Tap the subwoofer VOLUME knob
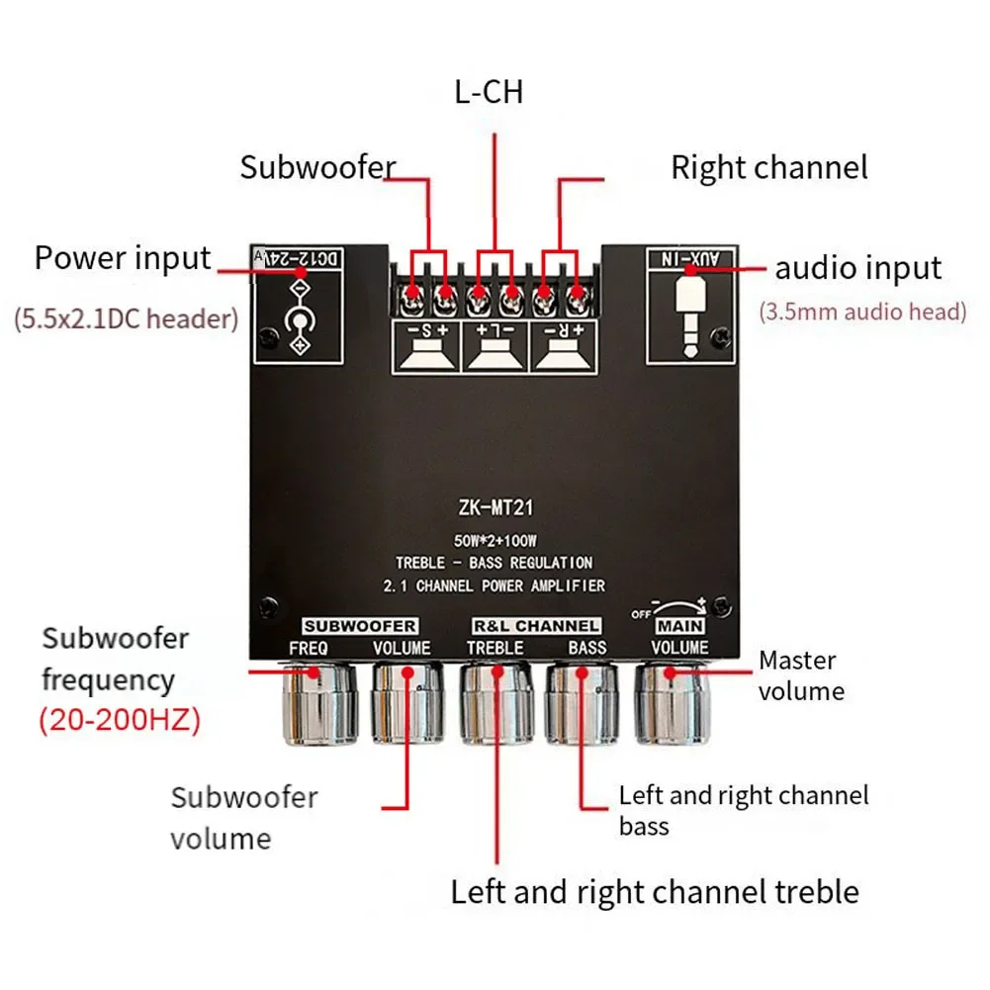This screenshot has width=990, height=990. point(406,703)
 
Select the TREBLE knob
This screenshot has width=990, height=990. point(495,703)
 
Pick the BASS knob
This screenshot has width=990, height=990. point(584,703)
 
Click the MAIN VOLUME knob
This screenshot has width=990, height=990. point(671,703)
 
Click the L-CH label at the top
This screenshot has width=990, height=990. point(489,93)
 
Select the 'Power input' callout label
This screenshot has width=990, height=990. point(123,259)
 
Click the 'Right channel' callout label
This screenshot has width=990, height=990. point(768,167)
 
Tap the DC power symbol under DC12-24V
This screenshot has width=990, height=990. point(296,319)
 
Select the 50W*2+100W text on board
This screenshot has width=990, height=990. point(495,541)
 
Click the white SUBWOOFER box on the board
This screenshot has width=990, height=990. point(359,626)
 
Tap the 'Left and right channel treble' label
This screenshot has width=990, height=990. point(655,892)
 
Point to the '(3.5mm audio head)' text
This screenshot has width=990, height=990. point(862,313)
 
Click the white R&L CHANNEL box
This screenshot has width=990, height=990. point(534,626)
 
